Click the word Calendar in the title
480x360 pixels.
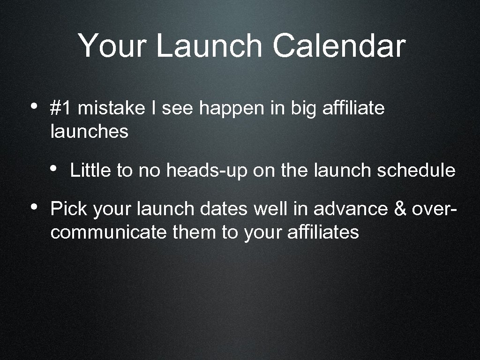[338, 46]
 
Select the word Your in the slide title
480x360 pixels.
[112, 46]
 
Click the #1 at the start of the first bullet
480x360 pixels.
[61, 108]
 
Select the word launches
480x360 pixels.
[89, 132]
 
